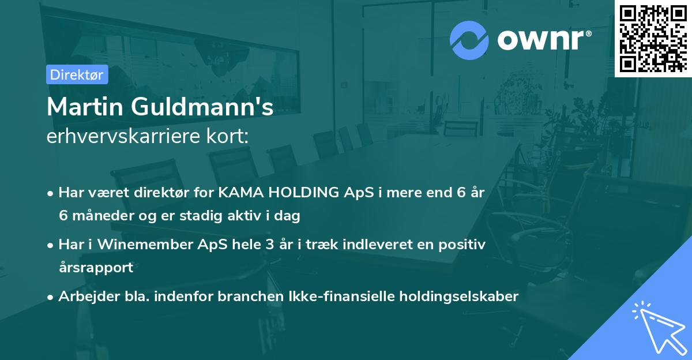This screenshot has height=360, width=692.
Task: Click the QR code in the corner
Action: (x=653, y=38)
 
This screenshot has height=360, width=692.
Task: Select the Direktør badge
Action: (x=77, y=74)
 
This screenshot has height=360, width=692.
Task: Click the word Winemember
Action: (x=134, y=245)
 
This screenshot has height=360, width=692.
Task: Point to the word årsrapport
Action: (x=96, y=267)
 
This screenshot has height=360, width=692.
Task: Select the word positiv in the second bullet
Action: (x=462, y=245)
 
